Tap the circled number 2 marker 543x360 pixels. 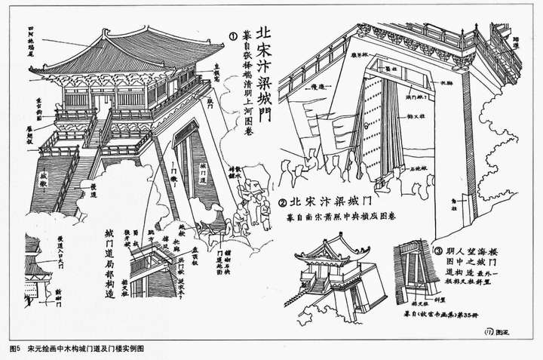(x=282, y=202)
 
